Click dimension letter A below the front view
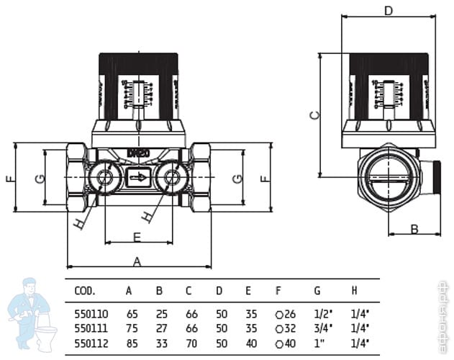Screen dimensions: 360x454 (x=137, y=262)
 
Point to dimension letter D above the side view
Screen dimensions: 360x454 (x=388, y=10)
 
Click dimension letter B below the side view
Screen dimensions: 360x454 (x=414, y=229)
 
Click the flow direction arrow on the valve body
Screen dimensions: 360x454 (x=139, y=177)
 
